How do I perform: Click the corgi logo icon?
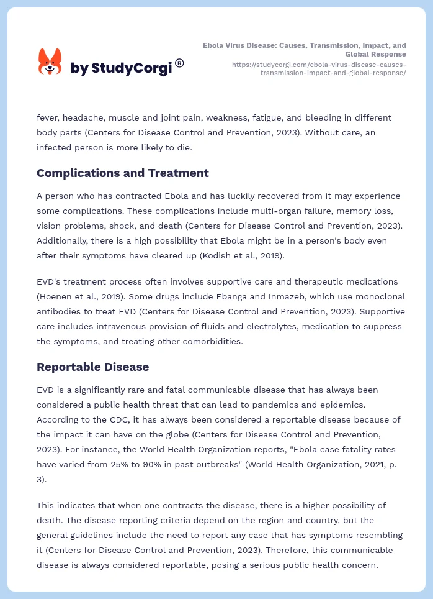coord(50,62)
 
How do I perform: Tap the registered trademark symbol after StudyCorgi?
coord(179,63)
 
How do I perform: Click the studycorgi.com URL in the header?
coord(319,68)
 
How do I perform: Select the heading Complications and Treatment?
coord(123,173)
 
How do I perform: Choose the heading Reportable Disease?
coord(93,367)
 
